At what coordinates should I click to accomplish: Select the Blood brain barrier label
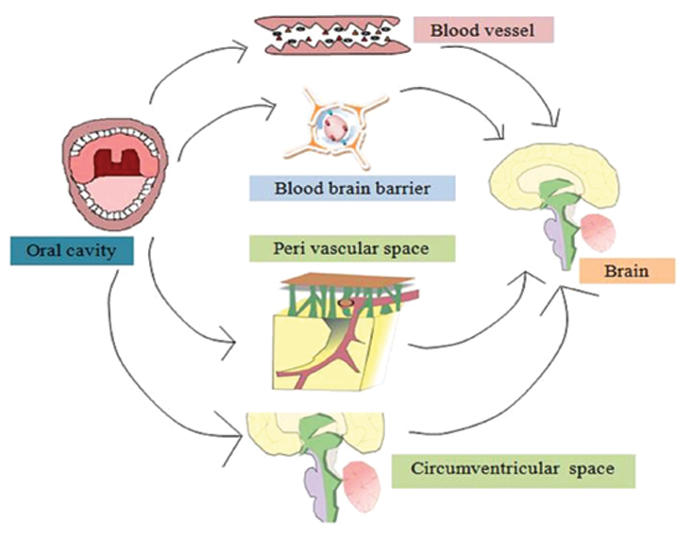click(352, 188)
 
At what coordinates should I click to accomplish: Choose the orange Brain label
click(627, 271)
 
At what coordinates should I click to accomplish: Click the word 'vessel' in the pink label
click(509, 30)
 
